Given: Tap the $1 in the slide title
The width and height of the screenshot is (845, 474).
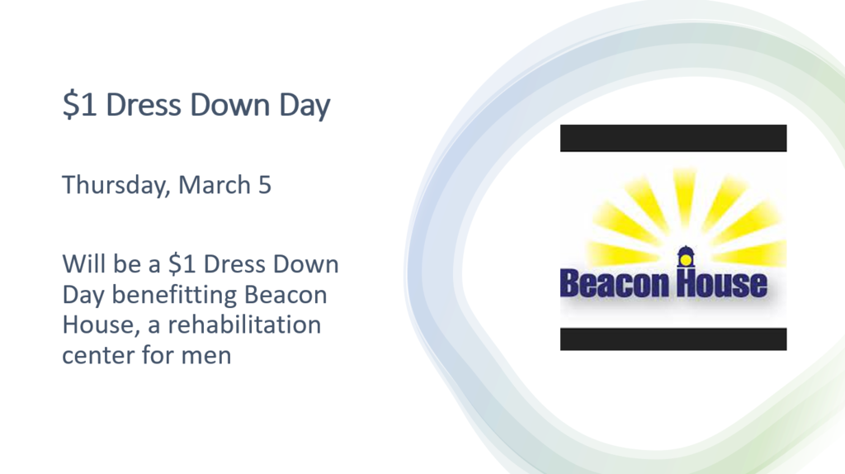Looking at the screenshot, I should (79, 106).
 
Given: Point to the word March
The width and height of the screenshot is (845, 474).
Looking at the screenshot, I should (215, 184).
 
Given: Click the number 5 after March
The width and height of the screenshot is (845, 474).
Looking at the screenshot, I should (264, 184).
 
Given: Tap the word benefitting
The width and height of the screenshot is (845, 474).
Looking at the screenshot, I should (179, 295).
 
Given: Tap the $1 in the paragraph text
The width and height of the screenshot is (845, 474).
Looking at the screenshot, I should (182, 265).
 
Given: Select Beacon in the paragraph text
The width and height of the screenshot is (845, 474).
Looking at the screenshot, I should (291, 294).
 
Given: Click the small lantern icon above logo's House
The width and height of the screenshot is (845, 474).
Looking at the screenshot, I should (684, 257).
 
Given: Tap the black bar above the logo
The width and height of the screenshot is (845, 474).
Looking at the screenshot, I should (673, 138).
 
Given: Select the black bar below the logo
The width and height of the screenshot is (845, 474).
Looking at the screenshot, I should (673, 339).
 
